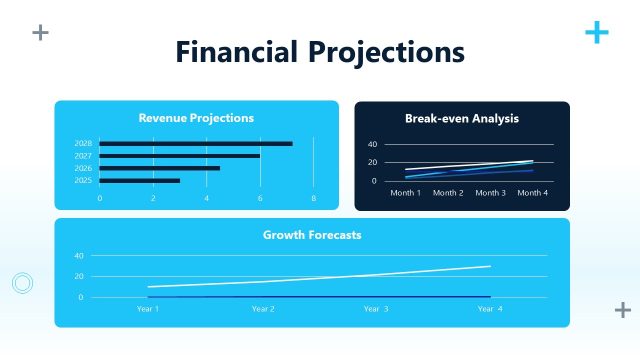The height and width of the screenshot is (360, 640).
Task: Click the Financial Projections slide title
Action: (320, 51)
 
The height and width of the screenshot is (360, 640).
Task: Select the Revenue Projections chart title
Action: (196, 118)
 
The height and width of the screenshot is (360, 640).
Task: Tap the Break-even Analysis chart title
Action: (462, 118)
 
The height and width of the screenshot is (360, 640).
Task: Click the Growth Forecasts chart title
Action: (312, 235)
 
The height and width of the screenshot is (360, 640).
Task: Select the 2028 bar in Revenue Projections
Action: (196, 144)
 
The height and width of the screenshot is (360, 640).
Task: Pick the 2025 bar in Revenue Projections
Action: (140, 180)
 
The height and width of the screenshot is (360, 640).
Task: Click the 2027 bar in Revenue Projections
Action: (180, 156)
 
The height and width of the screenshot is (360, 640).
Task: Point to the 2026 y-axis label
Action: (83, 168)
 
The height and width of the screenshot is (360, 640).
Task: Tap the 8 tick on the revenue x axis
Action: (313, 198)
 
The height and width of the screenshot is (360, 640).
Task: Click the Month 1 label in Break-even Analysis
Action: (405, 192)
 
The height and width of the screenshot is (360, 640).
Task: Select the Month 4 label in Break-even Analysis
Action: (533, 192)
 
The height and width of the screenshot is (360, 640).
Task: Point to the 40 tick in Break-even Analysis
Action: (373, 145)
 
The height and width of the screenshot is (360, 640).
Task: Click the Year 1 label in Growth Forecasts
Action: (148, 309)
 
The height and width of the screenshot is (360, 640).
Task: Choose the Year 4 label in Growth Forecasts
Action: (490, 309)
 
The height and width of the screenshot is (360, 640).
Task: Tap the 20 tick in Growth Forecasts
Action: (79, 276)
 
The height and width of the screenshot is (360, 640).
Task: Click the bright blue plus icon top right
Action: (596, 33)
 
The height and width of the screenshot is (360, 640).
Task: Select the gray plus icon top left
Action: (40, 33)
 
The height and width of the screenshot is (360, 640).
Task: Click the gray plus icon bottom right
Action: (622, 310)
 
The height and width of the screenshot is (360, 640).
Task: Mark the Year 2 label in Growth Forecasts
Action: (263, 309)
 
